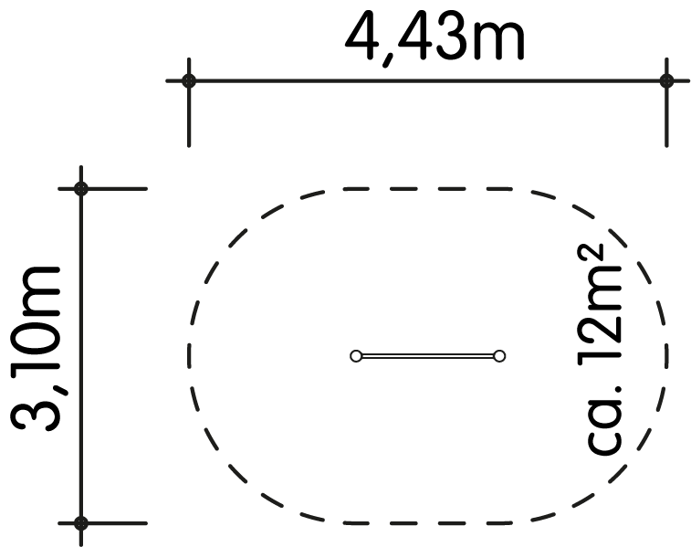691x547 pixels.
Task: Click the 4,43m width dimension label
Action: [434, 39]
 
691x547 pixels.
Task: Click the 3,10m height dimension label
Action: [36, 348]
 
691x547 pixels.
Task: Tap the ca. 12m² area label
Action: [602, 350]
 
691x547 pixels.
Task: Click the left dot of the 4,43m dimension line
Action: [189, 80]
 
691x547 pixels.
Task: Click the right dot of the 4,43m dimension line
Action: [666, 80]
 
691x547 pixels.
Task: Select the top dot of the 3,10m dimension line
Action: [81, 189]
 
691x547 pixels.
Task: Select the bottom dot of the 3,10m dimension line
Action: [81, 523]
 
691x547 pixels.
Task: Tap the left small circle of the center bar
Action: [356, 356]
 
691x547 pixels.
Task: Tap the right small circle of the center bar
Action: [499, 356]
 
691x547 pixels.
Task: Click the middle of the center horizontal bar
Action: [427, 356]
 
